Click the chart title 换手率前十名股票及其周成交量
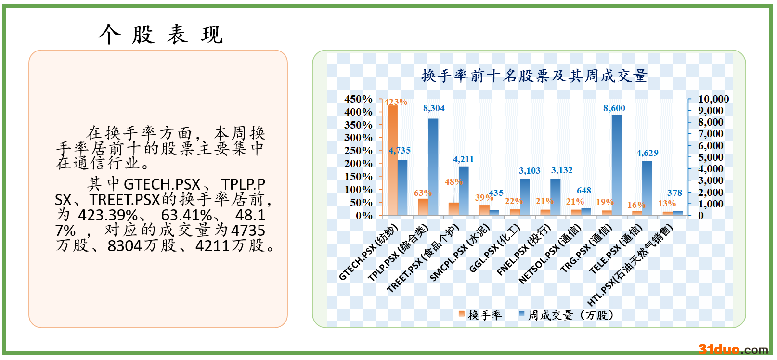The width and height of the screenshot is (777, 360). tap(534, 76)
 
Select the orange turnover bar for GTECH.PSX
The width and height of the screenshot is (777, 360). tap(392, 160)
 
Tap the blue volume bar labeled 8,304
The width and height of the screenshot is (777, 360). tap(433, 167)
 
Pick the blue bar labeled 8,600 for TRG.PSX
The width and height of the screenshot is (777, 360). tap(617, 165)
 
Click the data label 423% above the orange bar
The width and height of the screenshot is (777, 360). tap(396, 102)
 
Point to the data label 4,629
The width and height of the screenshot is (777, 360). tap(647, 153)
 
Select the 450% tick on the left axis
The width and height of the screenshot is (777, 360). tap(358, 99)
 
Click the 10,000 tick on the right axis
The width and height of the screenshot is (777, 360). tap(713, 99)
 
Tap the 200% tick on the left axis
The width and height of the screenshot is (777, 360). tap(358, 164)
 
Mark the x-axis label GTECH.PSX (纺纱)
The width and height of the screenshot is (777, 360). tap(368, 252)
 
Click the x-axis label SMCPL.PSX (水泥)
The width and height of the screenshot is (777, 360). tap(460, 253)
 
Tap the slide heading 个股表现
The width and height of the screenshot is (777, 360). tap(161, 35)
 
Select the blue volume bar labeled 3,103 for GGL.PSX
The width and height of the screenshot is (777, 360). tap(525, 197)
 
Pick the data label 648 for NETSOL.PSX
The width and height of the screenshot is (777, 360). tap(584, 191)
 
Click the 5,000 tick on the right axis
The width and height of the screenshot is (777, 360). tap(710, 157)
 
